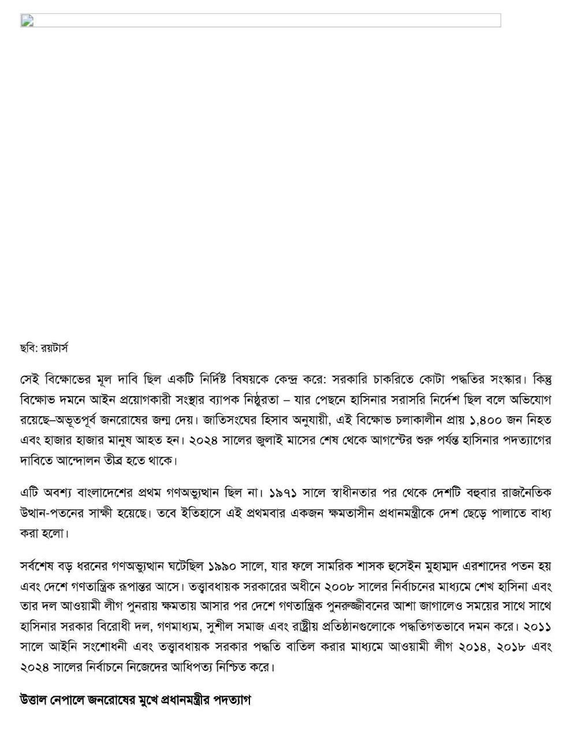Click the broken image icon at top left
[27, 21]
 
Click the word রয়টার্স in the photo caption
[54, 349]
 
